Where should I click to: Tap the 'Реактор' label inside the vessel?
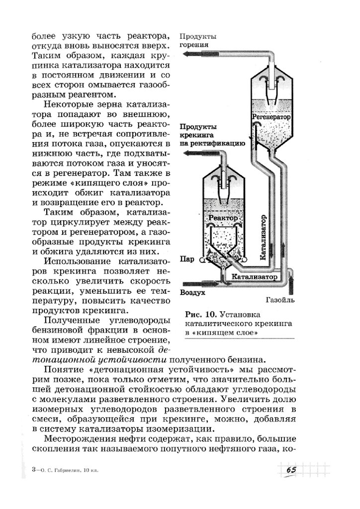[x=223, y=218]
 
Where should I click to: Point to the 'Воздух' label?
[x=193, y=293]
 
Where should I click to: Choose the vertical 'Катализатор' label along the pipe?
[x=263, y=237]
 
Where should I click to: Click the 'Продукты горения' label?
[x=197, y=41]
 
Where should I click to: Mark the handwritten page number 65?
[x=291, y=470]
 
